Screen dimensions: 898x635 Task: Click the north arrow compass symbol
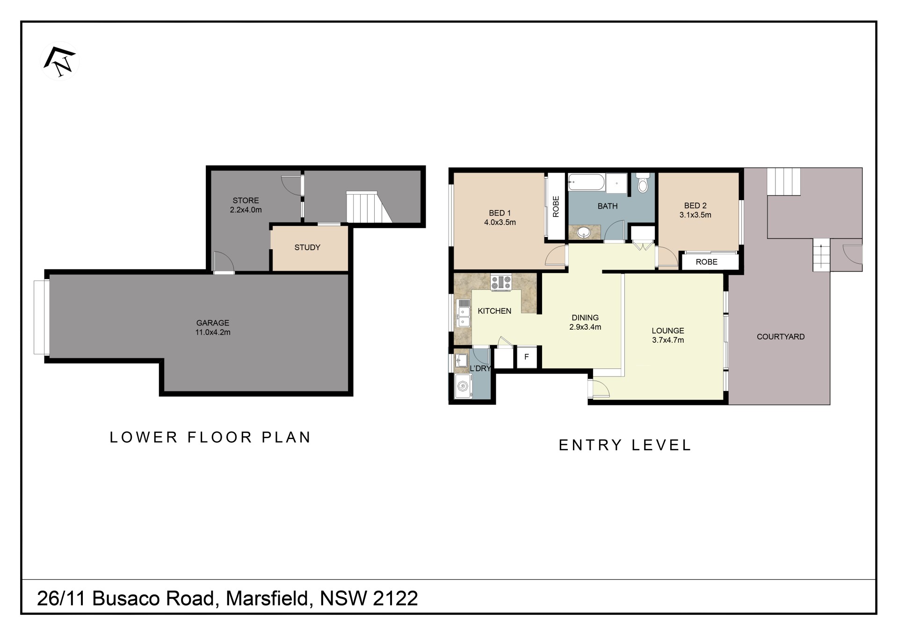point(60,61)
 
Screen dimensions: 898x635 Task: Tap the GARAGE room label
point(213,323)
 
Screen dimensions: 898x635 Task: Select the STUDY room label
point(307,247)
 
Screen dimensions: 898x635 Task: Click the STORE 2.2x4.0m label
point(246,205)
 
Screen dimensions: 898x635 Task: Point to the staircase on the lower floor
point(369,207)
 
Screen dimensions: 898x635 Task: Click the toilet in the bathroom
point(643,183)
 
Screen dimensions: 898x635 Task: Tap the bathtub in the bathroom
point(587,182)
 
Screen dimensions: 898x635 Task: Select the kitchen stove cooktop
point(501,283)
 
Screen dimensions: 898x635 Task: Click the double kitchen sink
point(463,313)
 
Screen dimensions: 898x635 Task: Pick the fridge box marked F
point(527,357)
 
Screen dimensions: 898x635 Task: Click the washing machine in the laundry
point(463,386)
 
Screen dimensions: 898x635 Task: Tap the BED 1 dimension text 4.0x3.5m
point(500,223)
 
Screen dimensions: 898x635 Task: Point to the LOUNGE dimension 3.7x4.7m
point(668,340)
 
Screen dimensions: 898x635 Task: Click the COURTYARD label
point(781,337)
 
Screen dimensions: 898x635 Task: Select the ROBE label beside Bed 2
point(706,262)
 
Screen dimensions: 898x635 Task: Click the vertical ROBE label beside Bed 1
point(556,207)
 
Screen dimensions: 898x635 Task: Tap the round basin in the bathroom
point(583,232)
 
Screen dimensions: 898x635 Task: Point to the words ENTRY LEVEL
point(625,445)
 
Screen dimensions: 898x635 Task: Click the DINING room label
point(585,317)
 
